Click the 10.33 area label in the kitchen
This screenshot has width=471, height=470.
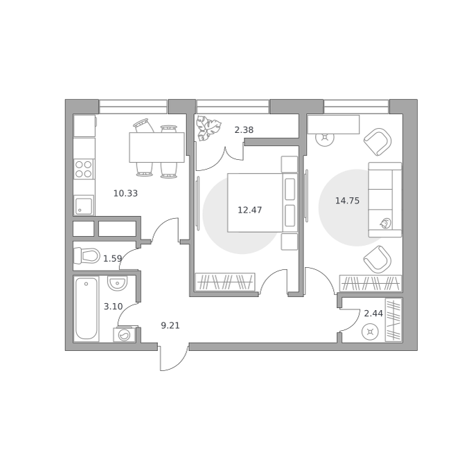pos(125,193)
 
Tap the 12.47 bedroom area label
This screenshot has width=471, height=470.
pos(249,210)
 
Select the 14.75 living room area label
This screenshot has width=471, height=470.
pos(347,201)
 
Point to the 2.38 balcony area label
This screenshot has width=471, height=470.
pos(244,130)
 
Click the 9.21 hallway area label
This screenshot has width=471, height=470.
pos(170,325)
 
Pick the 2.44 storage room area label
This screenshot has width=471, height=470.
pos(373,314)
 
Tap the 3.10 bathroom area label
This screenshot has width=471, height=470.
pos(113,307)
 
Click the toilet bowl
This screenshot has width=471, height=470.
pos(87,256)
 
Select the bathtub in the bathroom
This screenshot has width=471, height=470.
pos(86,309)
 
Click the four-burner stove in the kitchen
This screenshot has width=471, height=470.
pos(84,169)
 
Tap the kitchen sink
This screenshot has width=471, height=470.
pos(84,206)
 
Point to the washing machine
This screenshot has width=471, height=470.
pos(124,334)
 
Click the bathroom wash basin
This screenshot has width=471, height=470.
pos(118,283)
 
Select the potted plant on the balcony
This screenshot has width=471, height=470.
pos(208,129)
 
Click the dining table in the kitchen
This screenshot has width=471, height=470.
pos(157,147)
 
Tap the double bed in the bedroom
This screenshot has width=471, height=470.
pos(263,203)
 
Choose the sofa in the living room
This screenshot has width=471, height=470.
pos(385,200)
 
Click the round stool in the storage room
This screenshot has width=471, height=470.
pos(370,332)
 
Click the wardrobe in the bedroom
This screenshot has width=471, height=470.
pos(225,282)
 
